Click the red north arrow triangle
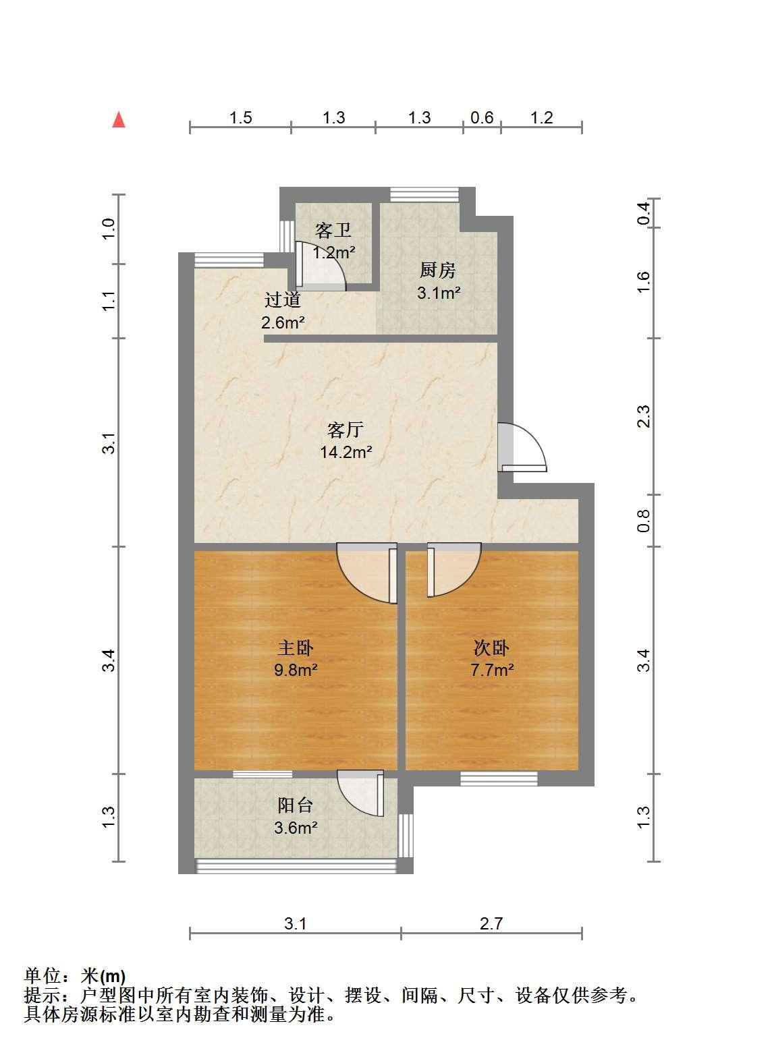coord(119,119)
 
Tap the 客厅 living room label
coord(346,429)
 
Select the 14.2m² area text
coord(346,452)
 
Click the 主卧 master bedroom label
coord(296,648)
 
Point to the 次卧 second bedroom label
coord(491,648)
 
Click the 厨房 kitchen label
coord(437,270)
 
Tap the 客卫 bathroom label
coord(333,230)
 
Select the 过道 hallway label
coord(283,299)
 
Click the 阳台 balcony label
coord(296,805)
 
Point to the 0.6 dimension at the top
coord(482,117)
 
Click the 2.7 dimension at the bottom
coord(491,923)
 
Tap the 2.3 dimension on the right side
coord(644,417)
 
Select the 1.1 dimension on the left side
coord(109,302)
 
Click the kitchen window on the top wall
coord(424,195)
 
